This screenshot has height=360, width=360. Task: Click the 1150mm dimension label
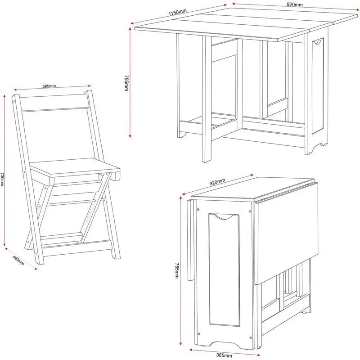coord(177,12)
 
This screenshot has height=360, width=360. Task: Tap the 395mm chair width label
coord(49,86)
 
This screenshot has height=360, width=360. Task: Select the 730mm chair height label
coord(2,179)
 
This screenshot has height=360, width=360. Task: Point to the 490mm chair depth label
coord(18,261)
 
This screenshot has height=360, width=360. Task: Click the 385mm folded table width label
coord(224,355)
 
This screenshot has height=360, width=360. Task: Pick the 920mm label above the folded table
coord(217,182)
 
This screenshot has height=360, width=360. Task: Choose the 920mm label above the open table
coord(295,4)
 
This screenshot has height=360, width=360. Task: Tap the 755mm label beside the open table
coord(126,83)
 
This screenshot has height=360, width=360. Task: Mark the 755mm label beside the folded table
coord(177,271)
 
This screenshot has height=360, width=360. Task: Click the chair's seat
coord(75,167)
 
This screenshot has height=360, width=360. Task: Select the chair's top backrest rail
coord(54,103)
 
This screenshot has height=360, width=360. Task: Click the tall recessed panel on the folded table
coord(224,270)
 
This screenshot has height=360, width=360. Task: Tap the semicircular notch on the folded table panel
coord(224,217)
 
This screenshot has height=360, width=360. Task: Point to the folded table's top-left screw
coord(198,209)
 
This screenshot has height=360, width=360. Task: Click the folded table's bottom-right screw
coord(251,338)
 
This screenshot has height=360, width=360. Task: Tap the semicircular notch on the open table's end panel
coord(318,41)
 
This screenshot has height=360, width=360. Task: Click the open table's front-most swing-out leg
coord(207,99)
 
